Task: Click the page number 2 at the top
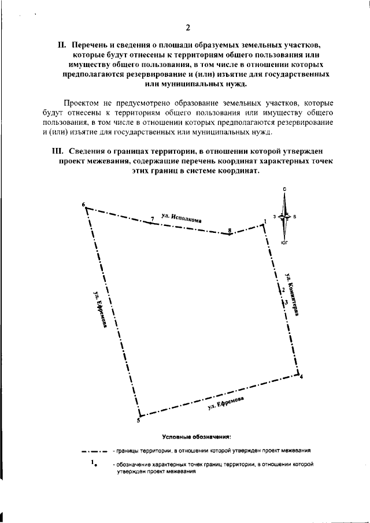tap(187, 28)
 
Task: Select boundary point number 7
tap(151, 220)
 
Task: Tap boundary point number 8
tap(230, 231)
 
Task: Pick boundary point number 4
tap(301, 377)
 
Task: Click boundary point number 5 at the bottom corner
tap(138, 420)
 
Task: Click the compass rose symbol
tap(284, 217)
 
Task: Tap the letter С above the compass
tap(284, 190)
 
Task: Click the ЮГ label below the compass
tap(284, 243)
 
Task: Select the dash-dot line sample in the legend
tap(95, 450)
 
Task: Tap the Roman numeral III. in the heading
tap(57, 151)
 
